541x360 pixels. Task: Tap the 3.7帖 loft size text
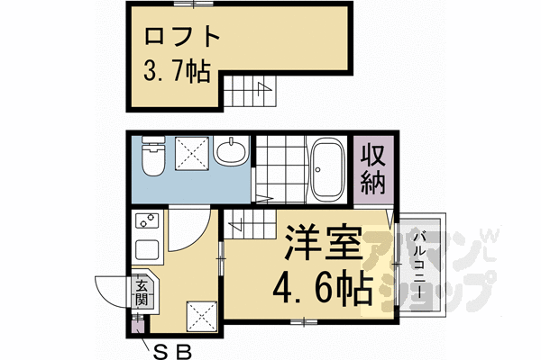[x=176, y=72]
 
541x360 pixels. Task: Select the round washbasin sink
[x=233, y=152]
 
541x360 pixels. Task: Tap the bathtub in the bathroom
[x=324, y=171]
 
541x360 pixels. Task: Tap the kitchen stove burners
[x=145, y=220]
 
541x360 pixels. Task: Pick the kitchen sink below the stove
[x=145, y=247]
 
